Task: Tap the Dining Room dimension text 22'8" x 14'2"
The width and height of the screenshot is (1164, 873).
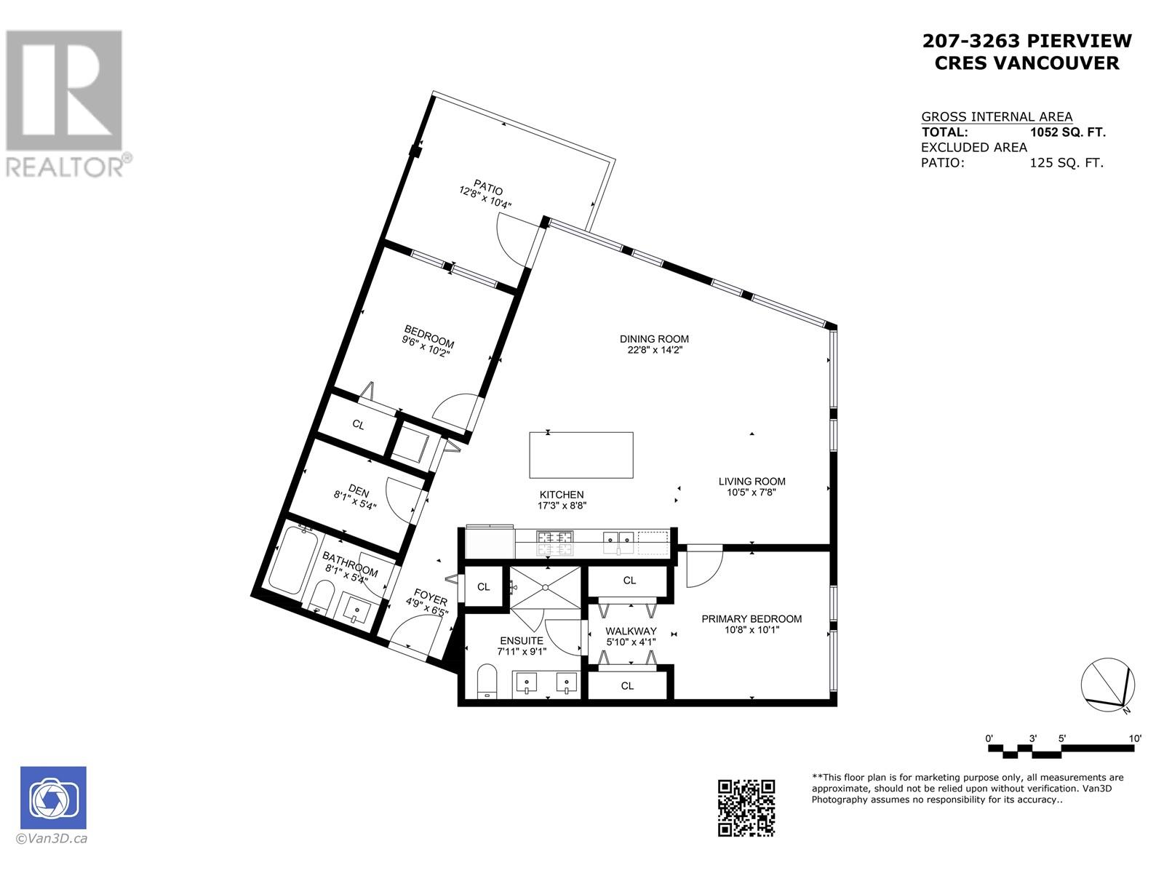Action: [654, 350]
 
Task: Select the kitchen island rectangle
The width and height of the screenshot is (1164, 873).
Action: [581, 455]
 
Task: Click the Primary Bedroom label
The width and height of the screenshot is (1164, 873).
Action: [752, 618]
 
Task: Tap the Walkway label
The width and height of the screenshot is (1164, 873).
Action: [631, 631]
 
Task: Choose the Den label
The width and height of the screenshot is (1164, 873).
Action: [358, 490]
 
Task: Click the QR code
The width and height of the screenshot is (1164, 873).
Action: [746, 808]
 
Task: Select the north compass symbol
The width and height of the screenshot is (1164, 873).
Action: [1107, 685]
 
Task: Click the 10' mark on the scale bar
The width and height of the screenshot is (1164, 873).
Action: [1134, 738]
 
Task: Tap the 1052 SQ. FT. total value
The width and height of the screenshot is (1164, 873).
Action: [1067, 132]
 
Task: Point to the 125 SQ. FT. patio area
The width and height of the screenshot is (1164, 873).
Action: [1066, 163]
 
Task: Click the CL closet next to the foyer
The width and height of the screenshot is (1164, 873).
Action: [483, 586]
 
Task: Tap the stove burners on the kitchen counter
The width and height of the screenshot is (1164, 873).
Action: [553, 538]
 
